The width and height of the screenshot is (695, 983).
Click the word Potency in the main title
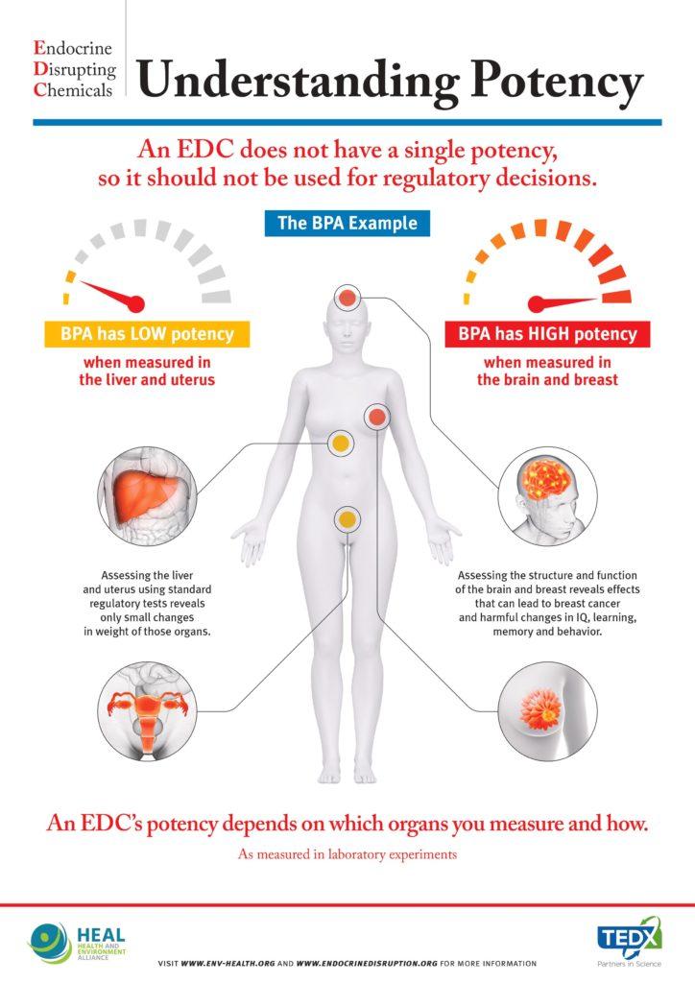(558, 81)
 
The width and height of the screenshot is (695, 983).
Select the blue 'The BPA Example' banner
(347, 223)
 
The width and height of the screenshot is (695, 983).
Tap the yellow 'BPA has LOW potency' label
(147, 334)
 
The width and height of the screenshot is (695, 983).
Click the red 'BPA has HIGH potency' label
(547, 334)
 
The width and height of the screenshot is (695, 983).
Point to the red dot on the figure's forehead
(347, 298)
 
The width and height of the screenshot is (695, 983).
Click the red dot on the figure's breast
(376, 417)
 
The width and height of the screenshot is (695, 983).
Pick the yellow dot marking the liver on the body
(340, 444)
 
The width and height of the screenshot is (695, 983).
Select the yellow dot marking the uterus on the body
(347, 519)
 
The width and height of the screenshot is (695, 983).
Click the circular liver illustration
(148, 496)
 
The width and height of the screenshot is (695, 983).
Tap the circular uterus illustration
(148, 711)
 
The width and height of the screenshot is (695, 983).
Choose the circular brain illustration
(547, 496)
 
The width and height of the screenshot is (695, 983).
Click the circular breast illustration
(547, 711)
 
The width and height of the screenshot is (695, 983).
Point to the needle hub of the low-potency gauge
(135, 304)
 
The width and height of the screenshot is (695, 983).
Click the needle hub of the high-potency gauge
(537, 304)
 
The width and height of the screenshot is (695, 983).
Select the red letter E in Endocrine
(39, 48)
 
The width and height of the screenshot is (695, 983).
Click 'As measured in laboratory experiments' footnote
(347, 853)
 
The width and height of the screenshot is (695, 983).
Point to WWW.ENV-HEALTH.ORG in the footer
(228, 964)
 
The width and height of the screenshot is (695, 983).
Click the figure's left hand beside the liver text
(250, 540)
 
